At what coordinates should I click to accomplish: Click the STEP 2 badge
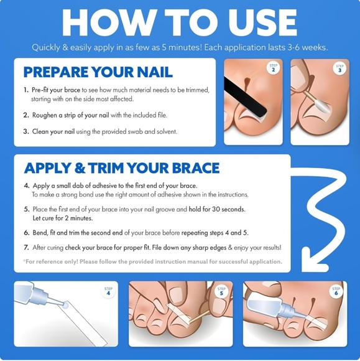coord(272,68)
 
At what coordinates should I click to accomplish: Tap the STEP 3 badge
coord(339,68)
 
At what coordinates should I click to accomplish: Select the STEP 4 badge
coord(108,291)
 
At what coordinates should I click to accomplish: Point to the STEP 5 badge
coord(221,291)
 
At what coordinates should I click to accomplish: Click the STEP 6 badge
coord(336,291)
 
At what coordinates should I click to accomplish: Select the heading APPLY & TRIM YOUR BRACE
coord(121,168)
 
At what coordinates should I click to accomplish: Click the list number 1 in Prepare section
coord(25,90)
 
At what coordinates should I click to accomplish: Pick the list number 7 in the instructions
coord(26,247)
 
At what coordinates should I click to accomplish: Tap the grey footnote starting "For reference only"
coord(153,261)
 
